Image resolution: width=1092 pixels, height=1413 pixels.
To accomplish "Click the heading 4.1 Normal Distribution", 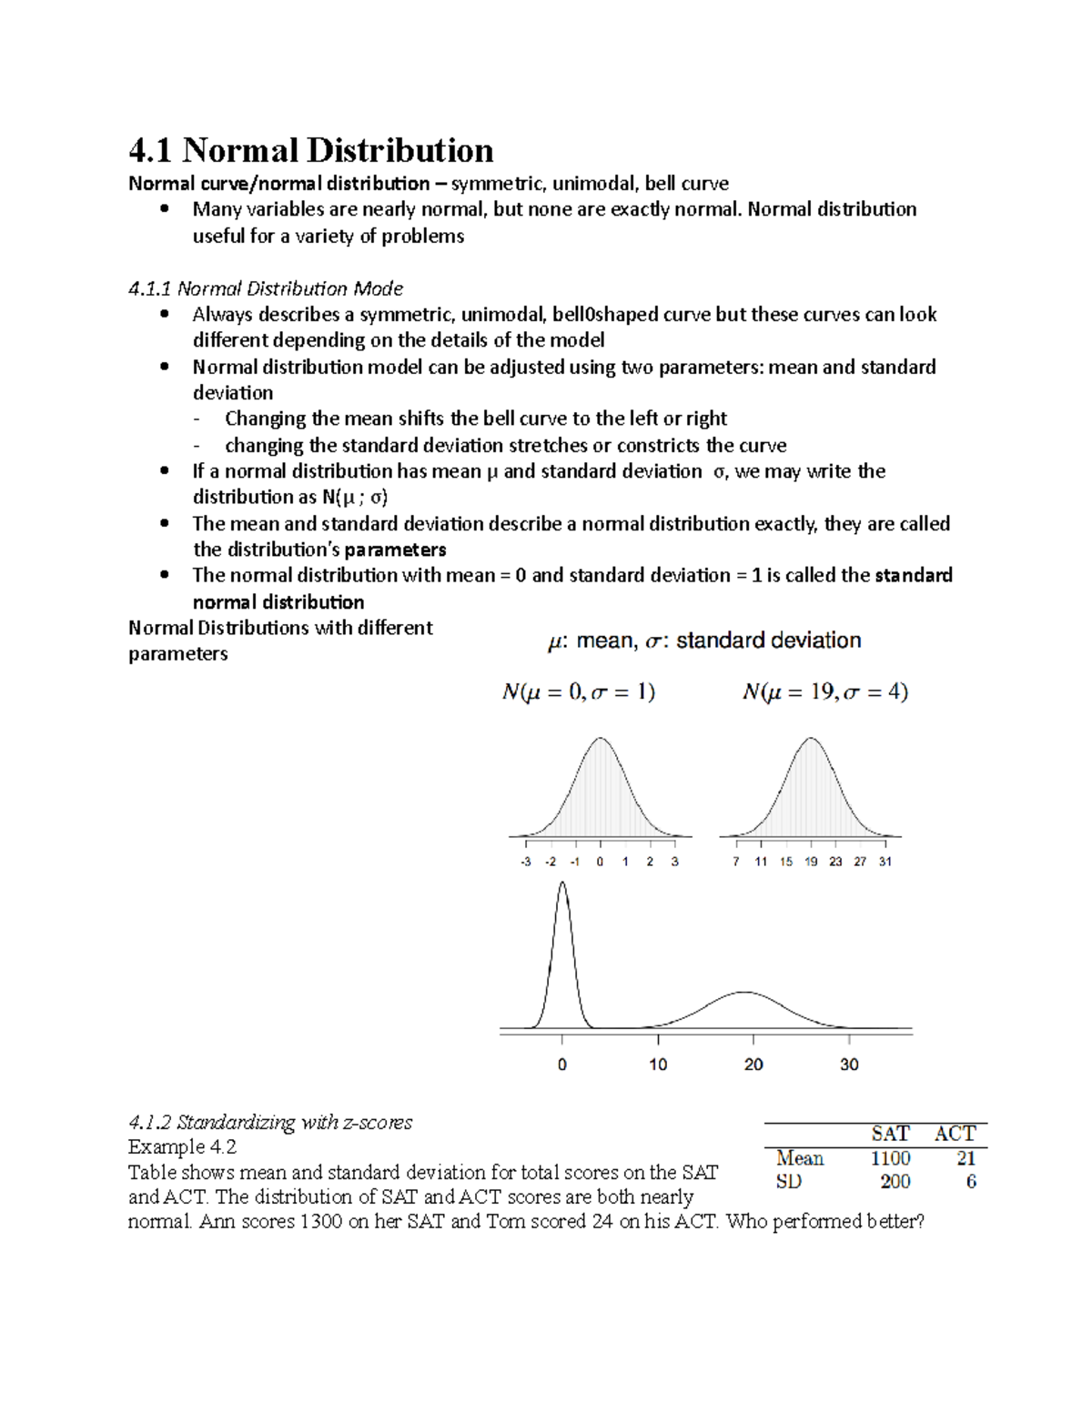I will [310, 150].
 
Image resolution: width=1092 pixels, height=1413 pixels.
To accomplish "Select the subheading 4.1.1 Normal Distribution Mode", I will [266, 288].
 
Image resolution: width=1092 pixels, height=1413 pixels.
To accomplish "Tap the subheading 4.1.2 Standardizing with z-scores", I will [270, 1122].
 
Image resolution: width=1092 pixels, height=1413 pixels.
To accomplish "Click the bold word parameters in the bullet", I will [395, 550].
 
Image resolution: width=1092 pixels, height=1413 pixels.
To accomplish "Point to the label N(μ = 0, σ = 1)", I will [579, 692].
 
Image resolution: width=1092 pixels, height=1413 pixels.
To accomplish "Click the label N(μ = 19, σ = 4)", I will [824, 692].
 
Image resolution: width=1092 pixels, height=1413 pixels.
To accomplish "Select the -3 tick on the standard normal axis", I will [526, 861].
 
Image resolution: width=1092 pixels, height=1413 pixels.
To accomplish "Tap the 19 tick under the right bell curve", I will [810, 861].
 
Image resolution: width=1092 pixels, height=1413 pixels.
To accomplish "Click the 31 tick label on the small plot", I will [885, 861].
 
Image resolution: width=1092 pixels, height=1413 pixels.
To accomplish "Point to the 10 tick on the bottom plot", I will [658, 1064].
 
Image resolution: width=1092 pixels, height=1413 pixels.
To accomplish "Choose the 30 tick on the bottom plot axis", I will [849, 1064].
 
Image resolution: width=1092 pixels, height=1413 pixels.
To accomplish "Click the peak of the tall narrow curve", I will [562, 883].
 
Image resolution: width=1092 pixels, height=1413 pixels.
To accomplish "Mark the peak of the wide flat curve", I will [746, 992].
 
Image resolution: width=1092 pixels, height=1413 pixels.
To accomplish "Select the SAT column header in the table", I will [890, 1134].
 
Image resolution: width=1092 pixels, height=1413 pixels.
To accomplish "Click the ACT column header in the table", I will [955, 1134].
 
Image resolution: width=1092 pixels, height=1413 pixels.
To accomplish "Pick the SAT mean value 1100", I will [890, 1158].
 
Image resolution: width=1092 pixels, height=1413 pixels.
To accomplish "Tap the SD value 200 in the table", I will [895, 1182].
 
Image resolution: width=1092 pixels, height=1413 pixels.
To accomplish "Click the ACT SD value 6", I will [971, 1182].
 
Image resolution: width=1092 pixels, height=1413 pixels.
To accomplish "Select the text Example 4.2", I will [182, 1146].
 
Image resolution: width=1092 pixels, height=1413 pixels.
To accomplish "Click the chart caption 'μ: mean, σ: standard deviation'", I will [703, 641].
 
